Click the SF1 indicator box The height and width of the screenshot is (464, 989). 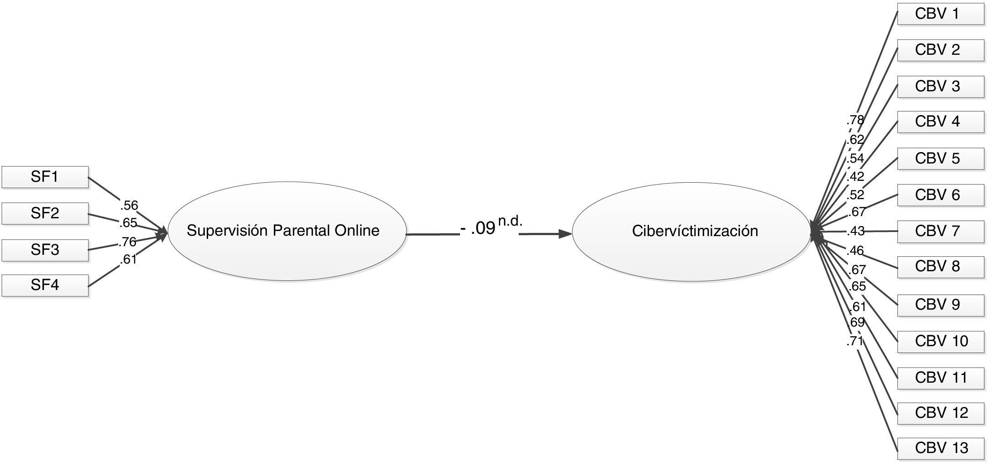(x=45, y=177)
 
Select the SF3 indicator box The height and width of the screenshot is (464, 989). (x=45, y=249)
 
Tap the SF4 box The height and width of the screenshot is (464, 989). (x=45, y=285)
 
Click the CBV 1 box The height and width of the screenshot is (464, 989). (x=940, y=14)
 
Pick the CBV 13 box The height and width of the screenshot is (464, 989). (x=940, y=448)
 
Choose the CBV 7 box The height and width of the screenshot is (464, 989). (x=940, y=231)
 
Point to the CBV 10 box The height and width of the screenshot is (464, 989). (x=940, y=341)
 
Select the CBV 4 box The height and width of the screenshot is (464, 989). (x=940, y=121)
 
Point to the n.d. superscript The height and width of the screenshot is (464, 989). (x=510, y=221)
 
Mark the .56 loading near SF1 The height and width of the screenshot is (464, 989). (x=129, y=205)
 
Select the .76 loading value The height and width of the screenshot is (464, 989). (x=128, y=241)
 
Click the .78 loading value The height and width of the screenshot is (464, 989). (x=855, y=120)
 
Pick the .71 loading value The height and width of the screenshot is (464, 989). (x=854, y=341)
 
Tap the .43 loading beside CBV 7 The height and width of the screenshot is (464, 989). (x=855, y=231)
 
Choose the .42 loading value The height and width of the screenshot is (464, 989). (x=855, y=176)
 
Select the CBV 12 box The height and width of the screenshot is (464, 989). (x=940, y=413)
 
